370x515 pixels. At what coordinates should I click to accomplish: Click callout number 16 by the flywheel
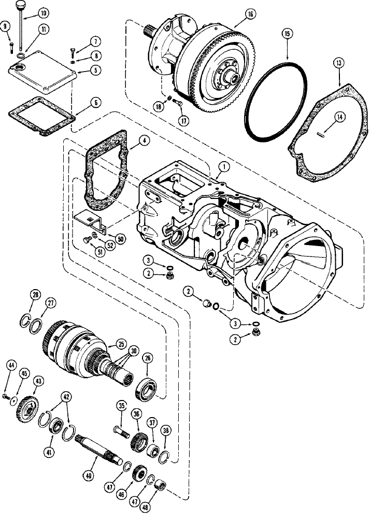coord(250,14)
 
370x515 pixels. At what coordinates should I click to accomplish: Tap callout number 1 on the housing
coord(223,166)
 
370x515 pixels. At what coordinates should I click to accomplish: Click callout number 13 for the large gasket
coord(338,63)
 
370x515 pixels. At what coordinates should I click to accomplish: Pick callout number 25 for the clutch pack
coord(121,344)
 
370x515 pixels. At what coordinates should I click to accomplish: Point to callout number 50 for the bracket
coord(120,239)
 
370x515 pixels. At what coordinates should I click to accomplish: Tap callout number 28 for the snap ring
coord(35,295)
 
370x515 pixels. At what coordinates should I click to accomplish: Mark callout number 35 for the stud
coord(122,407)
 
